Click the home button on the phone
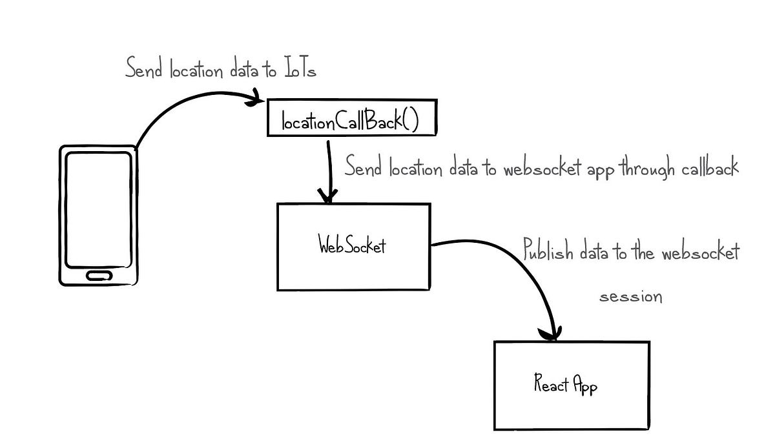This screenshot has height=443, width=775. point(98,275)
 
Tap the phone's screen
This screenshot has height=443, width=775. point(99,209)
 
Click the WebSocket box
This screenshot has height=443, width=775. point(353,246)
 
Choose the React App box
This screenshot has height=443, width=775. point(571,385)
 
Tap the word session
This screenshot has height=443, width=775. point(631,298)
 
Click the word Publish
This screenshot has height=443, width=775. point(548,251)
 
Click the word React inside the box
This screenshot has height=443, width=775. point(551,385)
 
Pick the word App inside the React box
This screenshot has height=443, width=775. point(585,386)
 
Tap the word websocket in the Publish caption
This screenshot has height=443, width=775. point(701,252)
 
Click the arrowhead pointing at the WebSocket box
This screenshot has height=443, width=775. point(330,196)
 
